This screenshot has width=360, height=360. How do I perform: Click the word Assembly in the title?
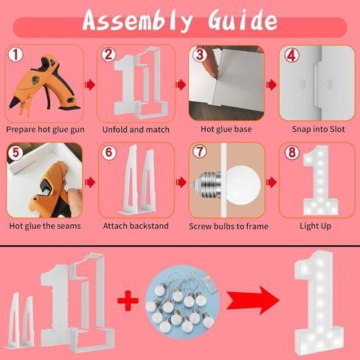tap(138, 21)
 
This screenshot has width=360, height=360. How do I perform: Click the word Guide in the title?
tap(243, 20)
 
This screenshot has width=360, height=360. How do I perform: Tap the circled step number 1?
tap(15, 55)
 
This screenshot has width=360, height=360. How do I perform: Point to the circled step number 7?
tap(199, 151)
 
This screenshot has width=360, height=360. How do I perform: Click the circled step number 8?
tap(292, 152)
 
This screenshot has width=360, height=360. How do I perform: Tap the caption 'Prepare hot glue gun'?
tap(45, 130)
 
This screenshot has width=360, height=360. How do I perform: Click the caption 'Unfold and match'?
tap(136, 129)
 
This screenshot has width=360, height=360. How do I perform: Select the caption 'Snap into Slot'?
tap(318, 129)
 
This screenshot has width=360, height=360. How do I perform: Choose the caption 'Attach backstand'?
tap(136, 226)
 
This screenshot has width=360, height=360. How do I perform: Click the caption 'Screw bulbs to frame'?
tap(229, 226)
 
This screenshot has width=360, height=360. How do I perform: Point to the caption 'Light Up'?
tap(315, 226)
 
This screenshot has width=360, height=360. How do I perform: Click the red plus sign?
tap(128, 300)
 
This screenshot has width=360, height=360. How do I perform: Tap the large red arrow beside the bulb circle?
tap(253, 300)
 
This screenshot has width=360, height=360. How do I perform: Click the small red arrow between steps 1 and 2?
tap(90, 85)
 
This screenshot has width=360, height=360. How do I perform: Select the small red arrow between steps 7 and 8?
tap(271, 182)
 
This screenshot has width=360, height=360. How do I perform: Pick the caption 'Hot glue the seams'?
tap(45, 226)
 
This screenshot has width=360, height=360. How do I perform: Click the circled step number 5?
tap(15, 152)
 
